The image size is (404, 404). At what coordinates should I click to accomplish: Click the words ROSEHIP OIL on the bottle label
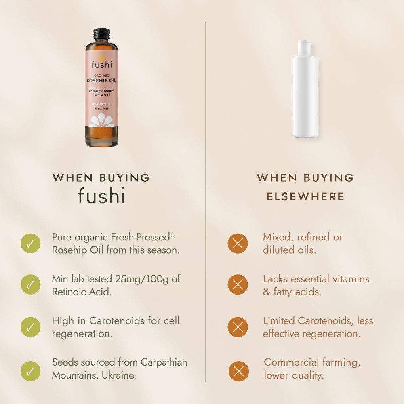click(101, 81)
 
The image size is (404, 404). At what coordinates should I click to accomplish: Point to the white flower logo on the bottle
click(101, 120)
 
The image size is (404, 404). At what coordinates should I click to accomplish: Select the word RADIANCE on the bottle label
click(101, 104)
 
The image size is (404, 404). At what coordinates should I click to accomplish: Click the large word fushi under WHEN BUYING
click(101, 196)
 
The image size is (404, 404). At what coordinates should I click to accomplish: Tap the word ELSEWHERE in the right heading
click(305, 197)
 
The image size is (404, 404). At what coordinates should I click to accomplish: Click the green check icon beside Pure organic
click(30, 243)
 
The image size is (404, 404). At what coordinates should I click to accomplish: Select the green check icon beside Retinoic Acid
click(30, 284)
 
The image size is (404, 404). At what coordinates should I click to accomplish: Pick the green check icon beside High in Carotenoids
click(30, 327)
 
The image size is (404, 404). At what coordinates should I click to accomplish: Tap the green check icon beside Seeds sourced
click(30, 371)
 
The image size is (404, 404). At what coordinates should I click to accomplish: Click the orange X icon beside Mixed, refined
click(238, 244)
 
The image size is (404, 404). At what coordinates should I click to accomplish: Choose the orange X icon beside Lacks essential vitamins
click(238, 284)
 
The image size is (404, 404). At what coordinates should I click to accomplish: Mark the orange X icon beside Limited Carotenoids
click(238, 327)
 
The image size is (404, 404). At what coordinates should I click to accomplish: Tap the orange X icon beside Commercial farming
click(239, 371)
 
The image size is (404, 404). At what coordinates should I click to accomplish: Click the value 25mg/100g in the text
click(142, 279)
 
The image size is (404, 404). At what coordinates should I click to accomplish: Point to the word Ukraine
click(119, 375)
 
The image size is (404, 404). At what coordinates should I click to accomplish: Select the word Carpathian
click(164, 362)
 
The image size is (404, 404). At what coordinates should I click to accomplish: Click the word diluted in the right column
click(278, 250)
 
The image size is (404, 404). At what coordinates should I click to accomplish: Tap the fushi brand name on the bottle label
click(101, 65)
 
